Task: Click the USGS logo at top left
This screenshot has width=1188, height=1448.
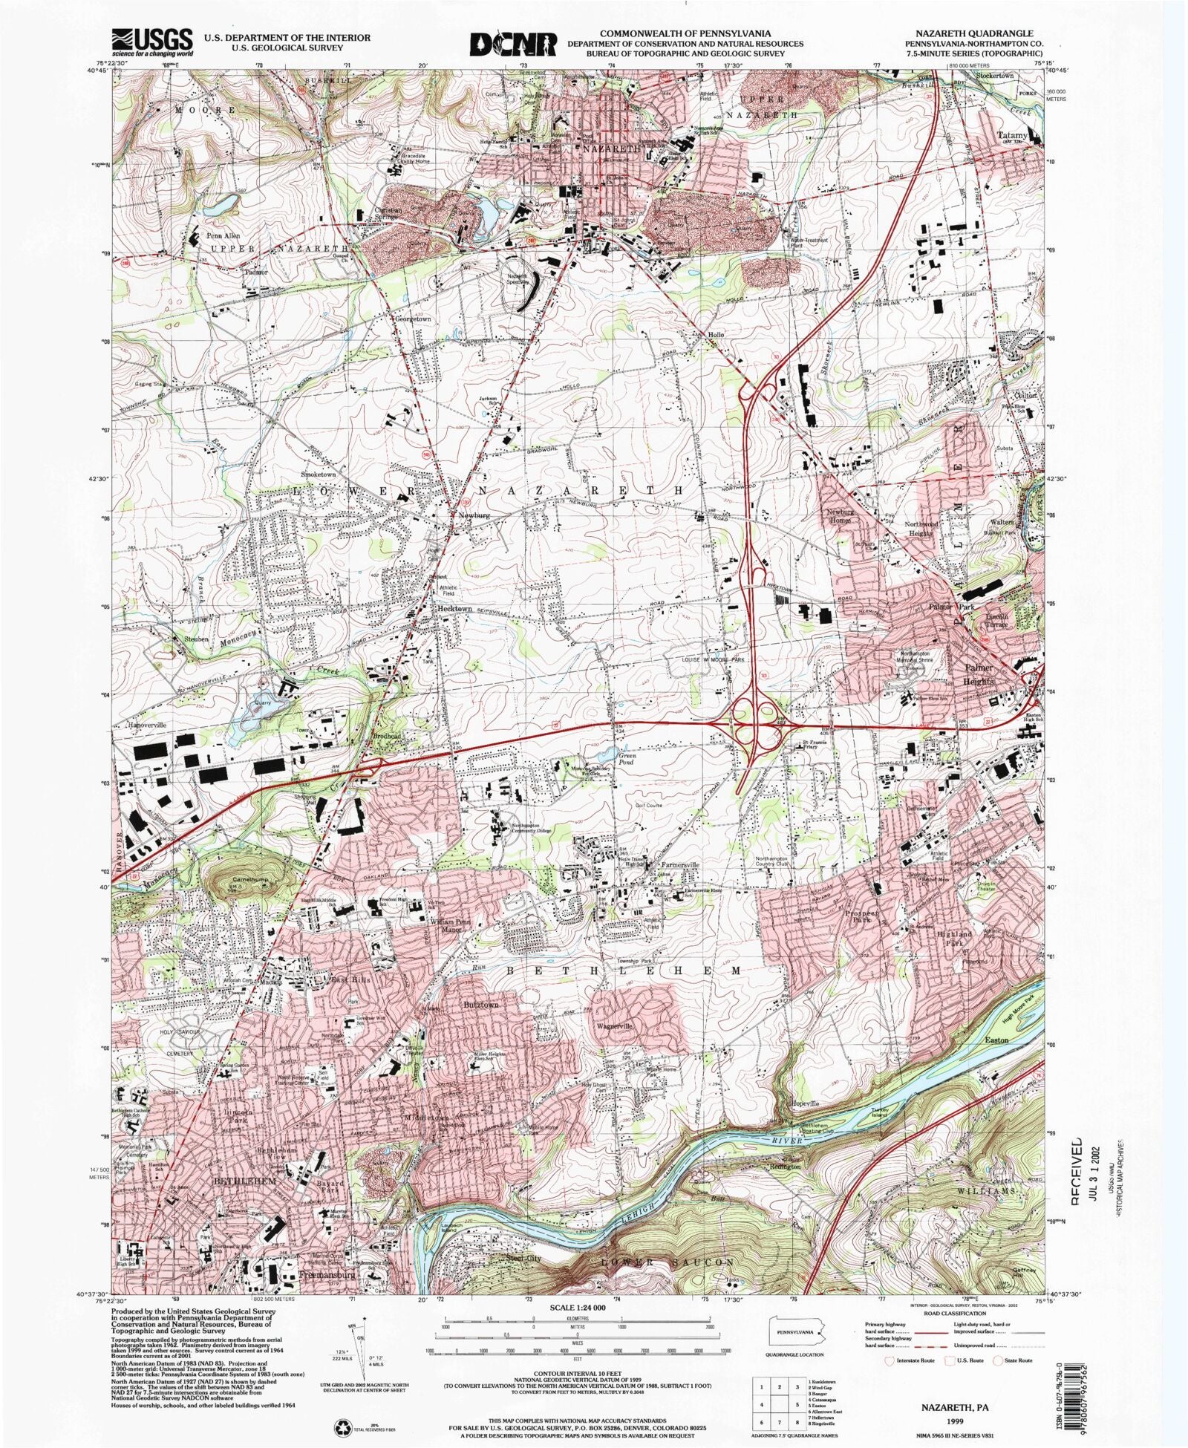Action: (152, 42)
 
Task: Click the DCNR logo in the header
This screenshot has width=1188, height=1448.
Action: (513, 43)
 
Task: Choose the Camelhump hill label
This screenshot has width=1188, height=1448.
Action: (247, 878)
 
